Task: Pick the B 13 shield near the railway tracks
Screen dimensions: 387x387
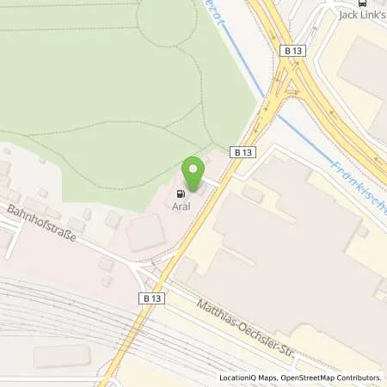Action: click(149, 297)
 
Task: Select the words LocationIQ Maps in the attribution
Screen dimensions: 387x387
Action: click(249, 378)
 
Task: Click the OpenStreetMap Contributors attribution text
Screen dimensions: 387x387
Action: click(331, 378)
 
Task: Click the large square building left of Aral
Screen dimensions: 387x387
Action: click(145, 233)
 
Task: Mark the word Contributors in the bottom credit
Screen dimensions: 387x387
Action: click(359, 378)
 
